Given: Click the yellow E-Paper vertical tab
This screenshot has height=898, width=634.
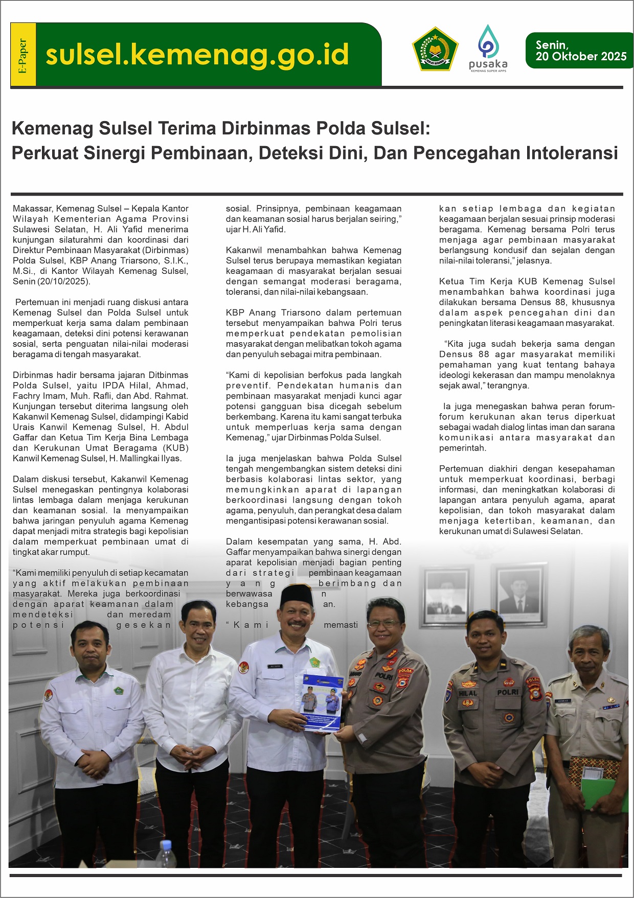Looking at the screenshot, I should (x=23, y=55).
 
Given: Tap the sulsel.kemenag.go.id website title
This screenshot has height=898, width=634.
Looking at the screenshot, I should (x=197, y=55).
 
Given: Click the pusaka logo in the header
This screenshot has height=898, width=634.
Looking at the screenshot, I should (x=488, y=49).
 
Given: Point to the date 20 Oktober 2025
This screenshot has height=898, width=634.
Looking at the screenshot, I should (x=581, y=57).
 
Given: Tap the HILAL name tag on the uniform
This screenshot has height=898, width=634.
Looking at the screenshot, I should (x=468, y=693).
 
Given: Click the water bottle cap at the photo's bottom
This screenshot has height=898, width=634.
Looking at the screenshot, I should (x=166, y=844).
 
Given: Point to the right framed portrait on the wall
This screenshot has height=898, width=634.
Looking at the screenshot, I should (x=519, y=593).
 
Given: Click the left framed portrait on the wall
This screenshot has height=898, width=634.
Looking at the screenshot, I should (x=448, y=595).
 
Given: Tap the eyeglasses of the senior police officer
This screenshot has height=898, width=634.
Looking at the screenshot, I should (x=383, y=624).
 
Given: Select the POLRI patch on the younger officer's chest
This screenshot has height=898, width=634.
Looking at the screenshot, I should (x=508, y=692).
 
